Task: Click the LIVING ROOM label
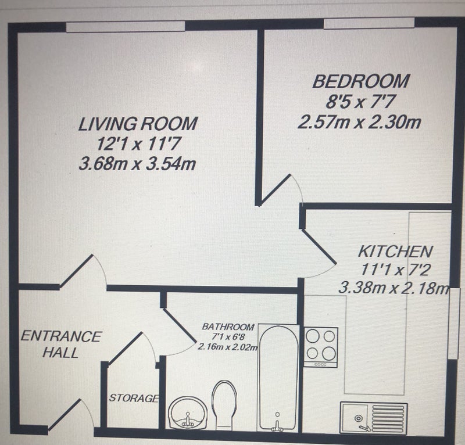pyautogui.click(x=138, y=124)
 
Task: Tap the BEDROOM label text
pyautogui.click(x=361, y=81)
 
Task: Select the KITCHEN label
pyautogui.click(x=395, y=252)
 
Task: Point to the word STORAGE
pyautogui.click(x=134, y=398)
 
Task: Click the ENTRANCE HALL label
pyautogui.click(x=61, y=344)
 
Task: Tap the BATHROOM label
pyautogui.click(x=228, y=327)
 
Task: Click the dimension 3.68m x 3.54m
pyautogui.click(x=137, y=164)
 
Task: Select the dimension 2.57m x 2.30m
pyautogui.click(x=359, y=122)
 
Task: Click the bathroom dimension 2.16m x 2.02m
pyautogui.click(x=228, y=347)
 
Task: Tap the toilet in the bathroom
pyautogui.click(x=224, y=405)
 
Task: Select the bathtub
pyautogui.click(x=278, y=378)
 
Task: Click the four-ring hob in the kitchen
pyautogui.click(x=321, y=347)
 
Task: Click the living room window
pyautogui.click(x=126, y=26)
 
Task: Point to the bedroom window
pyautogui.click(x=369, y=23)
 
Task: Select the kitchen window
pyautogui.click(x=454, y=324)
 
